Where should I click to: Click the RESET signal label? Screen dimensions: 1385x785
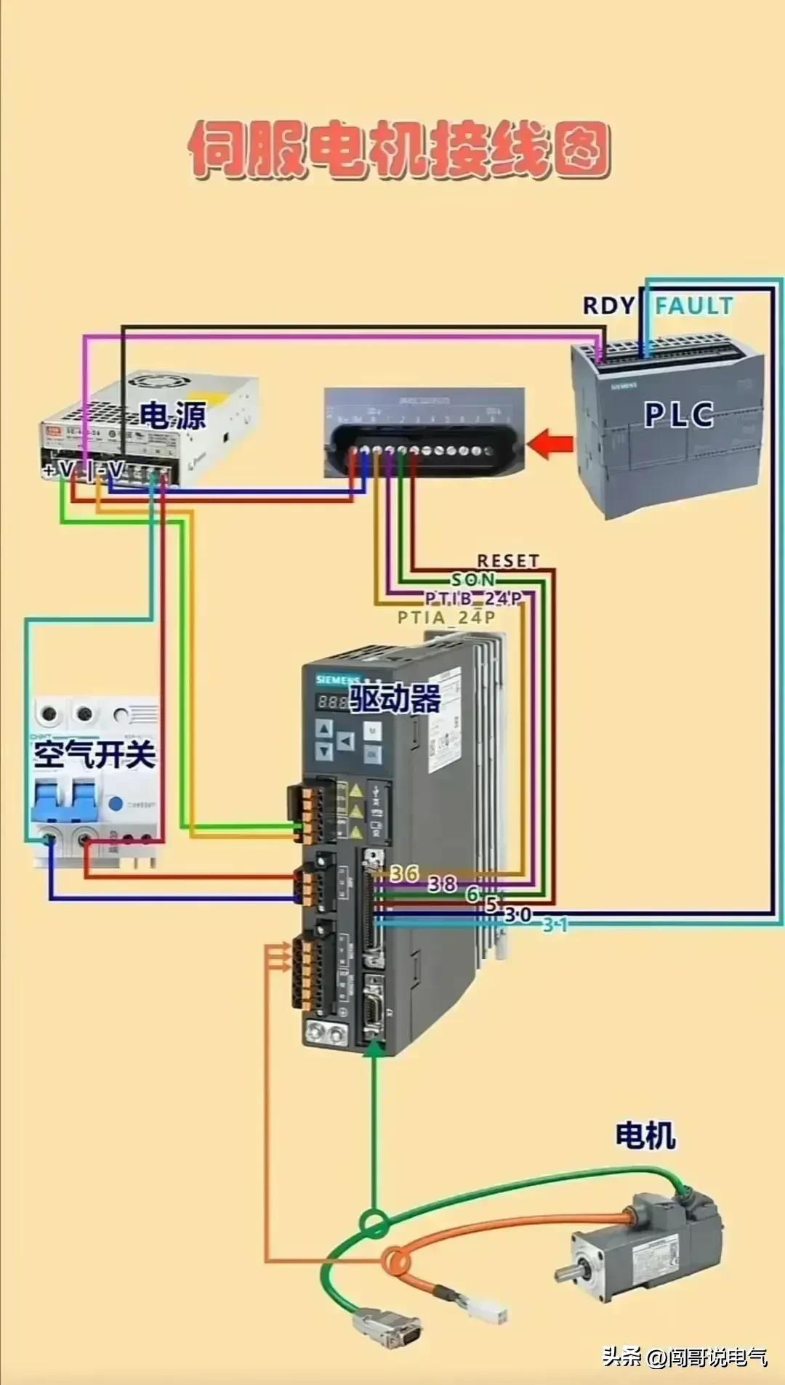tap(508, 561)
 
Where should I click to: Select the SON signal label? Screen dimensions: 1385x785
tap(473, 580)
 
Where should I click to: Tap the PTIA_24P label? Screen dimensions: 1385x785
tap(446, 618)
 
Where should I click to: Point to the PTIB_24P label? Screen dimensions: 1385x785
tap(474, 599)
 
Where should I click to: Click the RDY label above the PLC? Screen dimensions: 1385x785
tap(609, 306)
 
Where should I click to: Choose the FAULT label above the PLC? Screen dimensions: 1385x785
tap(694, 306)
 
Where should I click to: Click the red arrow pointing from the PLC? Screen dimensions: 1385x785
tap(550, 443)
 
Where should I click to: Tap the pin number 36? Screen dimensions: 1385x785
tap(405, 873)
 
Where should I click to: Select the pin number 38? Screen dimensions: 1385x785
tap(442, 884)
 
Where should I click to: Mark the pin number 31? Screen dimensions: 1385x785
tap(555, 925)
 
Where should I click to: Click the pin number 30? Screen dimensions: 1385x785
tap(518, 915)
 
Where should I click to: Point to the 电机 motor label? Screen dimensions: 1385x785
tap(645, 1135)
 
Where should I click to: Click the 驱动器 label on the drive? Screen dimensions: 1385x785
tap(395, 699)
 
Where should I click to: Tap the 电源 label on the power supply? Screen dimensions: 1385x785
tap(173, 415)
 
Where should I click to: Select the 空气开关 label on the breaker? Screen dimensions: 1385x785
tap(94, 755)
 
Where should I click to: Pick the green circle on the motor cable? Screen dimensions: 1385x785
tap(374, 1222)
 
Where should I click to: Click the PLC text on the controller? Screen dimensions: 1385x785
tap(679, 414)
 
